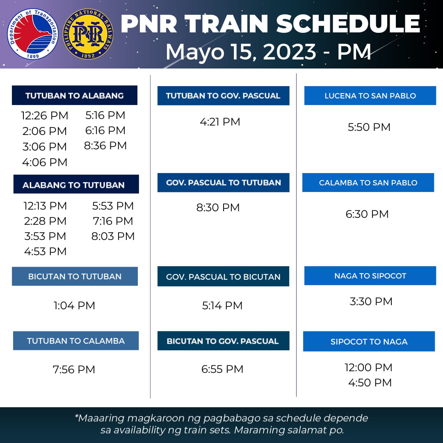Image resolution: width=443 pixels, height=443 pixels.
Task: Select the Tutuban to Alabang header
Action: [74, 96]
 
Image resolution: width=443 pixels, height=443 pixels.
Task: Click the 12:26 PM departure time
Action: [45, 116]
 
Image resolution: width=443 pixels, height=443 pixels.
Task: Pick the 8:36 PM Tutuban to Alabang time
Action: [105, 146]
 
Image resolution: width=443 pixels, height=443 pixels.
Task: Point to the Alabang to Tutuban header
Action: [76, 185]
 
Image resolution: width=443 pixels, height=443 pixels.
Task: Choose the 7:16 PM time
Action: [113, 221]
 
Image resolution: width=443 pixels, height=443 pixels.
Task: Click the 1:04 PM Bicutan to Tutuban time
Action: [74, 306]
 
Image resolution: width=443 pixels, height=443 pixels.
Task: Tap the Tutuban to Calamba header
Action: [76, 341]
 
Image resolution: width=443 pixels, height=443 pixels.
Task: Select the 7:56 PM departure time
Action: [74, 370]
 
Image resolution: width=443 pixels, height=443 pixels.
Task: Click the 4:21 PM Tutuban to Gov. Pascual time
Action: [220, 122]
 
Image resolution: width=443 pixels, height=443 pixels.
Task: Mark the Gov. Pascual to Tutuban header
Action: [223, 183]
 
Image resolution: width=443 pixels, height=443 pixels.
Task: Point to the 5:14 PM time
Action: [222, 306]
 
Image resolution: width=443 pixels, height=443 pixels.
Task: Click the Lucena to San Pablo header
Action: [370, 96]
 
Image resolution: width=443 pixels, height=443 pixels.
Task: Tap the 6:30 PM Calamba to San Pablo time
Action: [367, 214]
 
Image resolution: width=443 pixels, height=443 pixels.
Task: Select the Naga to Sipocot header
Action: [370, 276]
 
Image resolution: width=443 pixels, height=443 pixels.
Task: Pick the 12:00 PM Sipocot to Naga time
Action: [368, 368]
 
